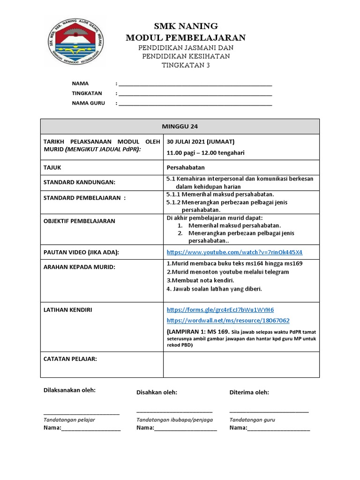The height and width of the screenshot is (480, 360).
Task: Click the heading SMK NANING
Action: click(186, 26)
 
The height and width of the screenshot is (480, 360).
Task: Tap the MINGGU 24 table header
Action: click(180, 126)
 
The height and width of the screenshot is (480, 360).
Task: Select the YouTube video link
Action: click(234, 252)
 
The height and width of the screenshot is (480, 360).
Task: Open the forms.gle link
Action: click(220, 310)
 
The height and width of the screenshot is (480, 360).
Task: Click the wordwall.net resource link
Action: click(228, 321)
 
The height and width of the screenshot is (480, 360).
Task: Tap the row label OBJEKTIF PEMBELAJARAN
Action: click(79, 221)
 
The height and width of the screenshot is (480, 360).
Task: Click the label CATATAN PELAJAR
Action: click(70, 359)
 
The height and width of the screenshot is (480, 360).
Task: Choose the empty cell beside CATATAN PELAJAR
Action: click(241, 365)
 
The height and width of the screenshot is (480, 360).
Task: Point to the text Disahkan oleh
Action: click(157, 392)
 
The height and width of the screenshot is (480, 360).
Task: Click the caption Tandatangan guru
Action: click(252, 420)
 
